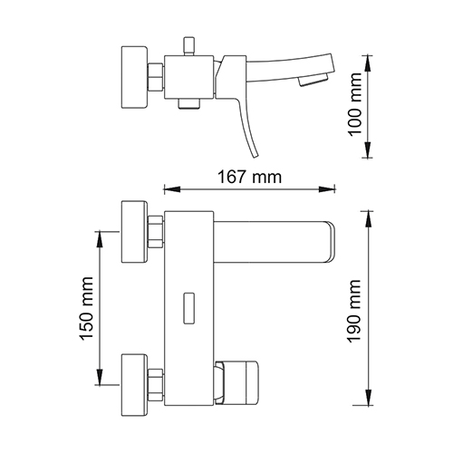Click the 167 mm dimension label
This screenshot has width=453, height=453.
[x=250, y=177]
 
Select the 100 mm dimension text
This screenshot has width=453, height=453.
[x=355, y=104]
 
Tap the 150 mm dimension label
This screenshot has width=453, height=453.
[x=86, y=308]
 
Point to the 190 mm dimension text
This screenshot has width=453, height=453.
[x=354, y=311]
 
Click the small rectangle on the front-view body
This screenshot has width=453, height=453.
[x=189, y=308]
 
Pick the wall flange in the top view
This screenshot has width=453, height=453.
[x=134, y=77]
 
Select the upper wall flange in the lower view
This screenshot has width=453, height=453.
[x=134, y=232]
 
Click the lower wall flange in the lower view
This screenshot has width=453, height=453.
[x=134, y=385]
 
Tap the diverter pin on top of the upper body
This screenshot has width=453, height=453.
[x=189, y=46]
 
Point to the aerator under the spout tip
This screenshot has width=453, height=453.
[x=313, y=82]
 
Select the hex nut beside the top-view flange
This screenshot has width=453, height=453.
[x=156, y=77]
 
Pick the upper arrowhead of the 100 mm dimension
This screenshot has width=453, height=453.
[x=368, y=63]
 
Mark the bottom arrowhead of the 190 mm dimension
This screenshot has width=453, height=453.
[x=368, y=397]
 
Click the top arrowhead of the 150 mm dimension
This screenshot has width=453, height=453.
[x=100, y=240]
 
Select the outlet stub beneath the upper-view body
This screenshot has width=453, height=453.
[x=189, y=103]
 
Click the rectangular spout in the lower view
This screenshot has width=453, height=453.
[x=275, y=242]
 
